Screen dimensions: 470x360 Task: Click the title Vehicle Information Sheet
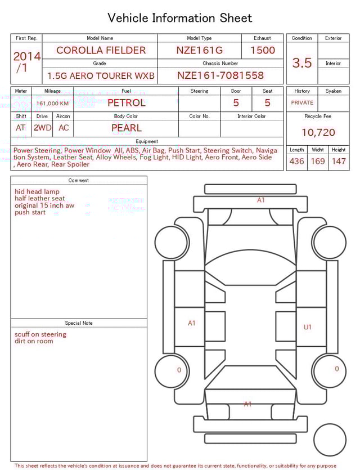click(179, 18)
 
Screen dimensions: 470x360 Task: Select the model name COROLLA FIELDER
click(101, 50)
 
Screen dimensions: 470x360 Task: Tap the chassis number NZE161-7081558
click(220, 75)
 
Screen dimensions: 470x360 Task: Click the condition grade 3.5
click(302, 63)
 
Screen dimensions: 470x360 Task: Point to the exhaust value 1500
click(262, 50)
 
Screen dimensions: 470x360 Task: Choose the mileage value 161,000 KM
click(52, 104)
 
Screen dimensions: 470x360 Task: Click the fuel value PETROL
click(126, 103)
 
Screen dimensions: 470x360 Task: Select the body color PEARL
click(126, 128)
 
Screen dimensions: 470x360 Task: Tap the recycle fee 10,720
click(318, 133)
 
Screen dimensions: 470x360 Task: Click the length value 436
click(296, 161)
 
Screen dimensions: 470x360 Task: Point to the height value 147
click(339, 161)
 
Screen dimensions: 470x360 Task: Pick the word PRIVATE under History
click(302, 103)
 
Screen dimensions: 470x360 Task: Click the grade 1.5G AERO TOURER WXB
click(101, 75)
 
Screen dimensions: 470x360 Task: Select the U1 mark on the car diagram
click(308, 327)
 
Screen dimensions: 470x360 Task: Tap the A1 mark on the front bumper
click(261, 200)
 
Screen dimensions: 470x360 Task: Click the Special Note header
click(79, 323)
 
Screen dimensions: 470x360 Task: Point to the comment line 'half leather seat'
click(40, 199)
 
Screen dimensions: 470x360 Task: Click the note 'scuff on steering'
click(40, 334)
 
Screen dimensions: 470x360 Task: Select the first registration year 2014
click(26, 57)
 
